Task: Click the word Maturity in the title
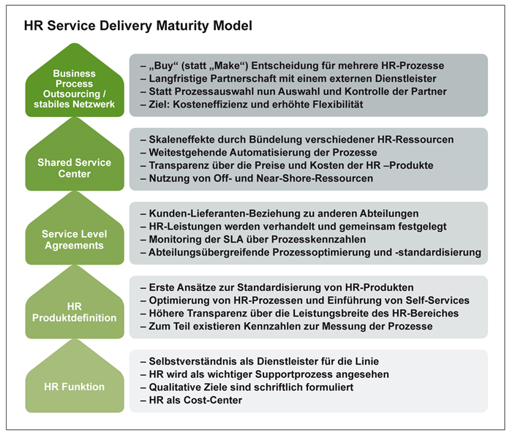click(x=183, y=26)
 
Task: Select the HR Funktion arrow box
click(x=75, y=376)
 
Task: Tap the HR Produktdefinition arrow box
click(x=75, y=302)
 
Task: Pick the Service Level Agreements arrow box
click(x=75, y=228)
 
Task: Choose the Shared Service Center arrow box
click(x=75, y=154)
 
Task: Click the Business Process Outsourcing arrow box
click(x=75, y=80)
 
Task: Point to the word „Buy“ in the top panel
click(x=164, y=66)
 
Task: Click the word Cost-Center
click(x=213, y=400)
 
